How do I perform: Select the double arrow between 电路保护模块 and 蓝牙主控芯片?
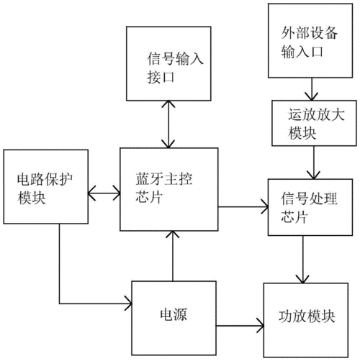point(103,192)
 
